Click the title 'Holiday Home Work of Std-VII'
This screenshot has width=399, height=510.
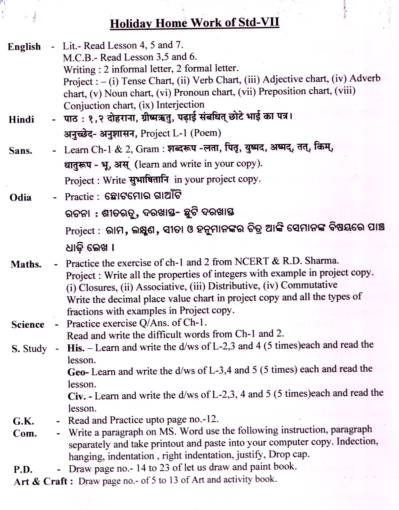coord(195,23)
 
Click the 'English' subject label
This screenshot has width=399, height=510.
coord(24,47)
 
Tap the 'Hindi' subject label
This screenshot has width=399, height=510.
coord(21,120)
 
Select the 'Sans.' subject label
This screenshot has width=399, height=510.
coord(21,151)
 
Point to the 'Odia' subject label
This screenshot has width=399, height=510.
coord(20,198)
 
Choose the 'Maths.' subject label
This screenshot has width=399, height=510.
coord(26,265)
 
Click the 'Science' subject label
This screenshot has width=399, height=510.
coord(28,325)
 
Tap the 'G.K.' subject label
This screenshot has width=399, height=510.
coord(23,421)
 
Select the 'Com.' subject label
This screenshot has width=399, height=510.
coord(25,433)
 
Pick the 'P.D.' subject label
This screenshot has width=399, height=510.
coord(23,469)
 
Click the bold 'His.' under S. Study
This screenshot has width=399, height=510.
coord(76,348)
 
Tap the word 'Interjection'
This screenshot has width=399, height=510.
coord(180,105)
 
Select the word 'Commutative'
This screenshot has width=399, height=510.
coord(309,285)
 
